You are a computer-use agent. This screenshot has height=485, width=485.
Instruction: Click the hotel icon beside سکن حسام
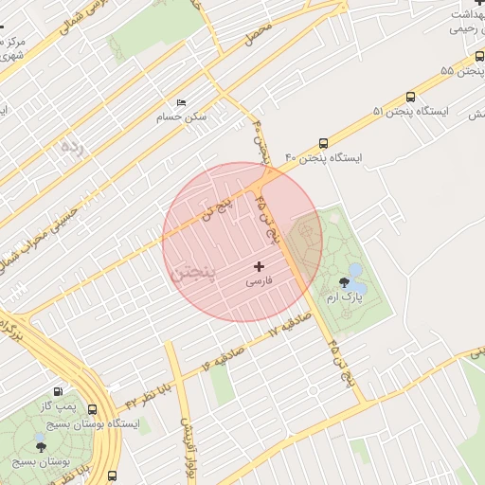[182, 102]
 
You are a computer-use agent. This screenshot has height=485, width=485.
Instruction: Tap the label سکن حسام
[182, 118]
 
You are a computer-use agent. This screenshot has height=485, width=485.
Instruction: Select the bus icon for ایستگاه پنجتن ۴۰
[324, 143]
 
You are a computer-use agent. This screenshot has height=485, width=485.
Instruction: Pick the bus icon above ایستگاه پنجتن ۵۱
[410, 97]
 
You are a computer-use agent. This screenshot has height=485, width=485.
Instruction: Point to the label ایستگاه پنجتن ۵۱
[408, 112]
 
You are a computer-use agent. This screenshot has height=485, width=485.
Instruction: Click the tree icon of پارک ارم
[343, 282]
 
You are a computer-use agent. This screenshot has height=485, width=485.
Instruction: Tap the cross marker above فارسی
[259, 267]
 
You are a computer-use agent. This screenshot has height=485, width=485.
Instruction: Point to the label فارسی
[259, 282]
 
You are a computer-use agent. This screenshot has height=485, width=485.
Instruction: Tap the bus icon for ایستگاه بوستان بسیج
[92, 409]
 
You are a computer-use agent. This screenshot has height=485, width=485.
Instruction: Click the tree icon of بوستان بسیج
[40, 445]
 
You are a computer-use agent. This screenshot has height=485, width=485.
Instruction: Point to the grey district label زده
[71, 147]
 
